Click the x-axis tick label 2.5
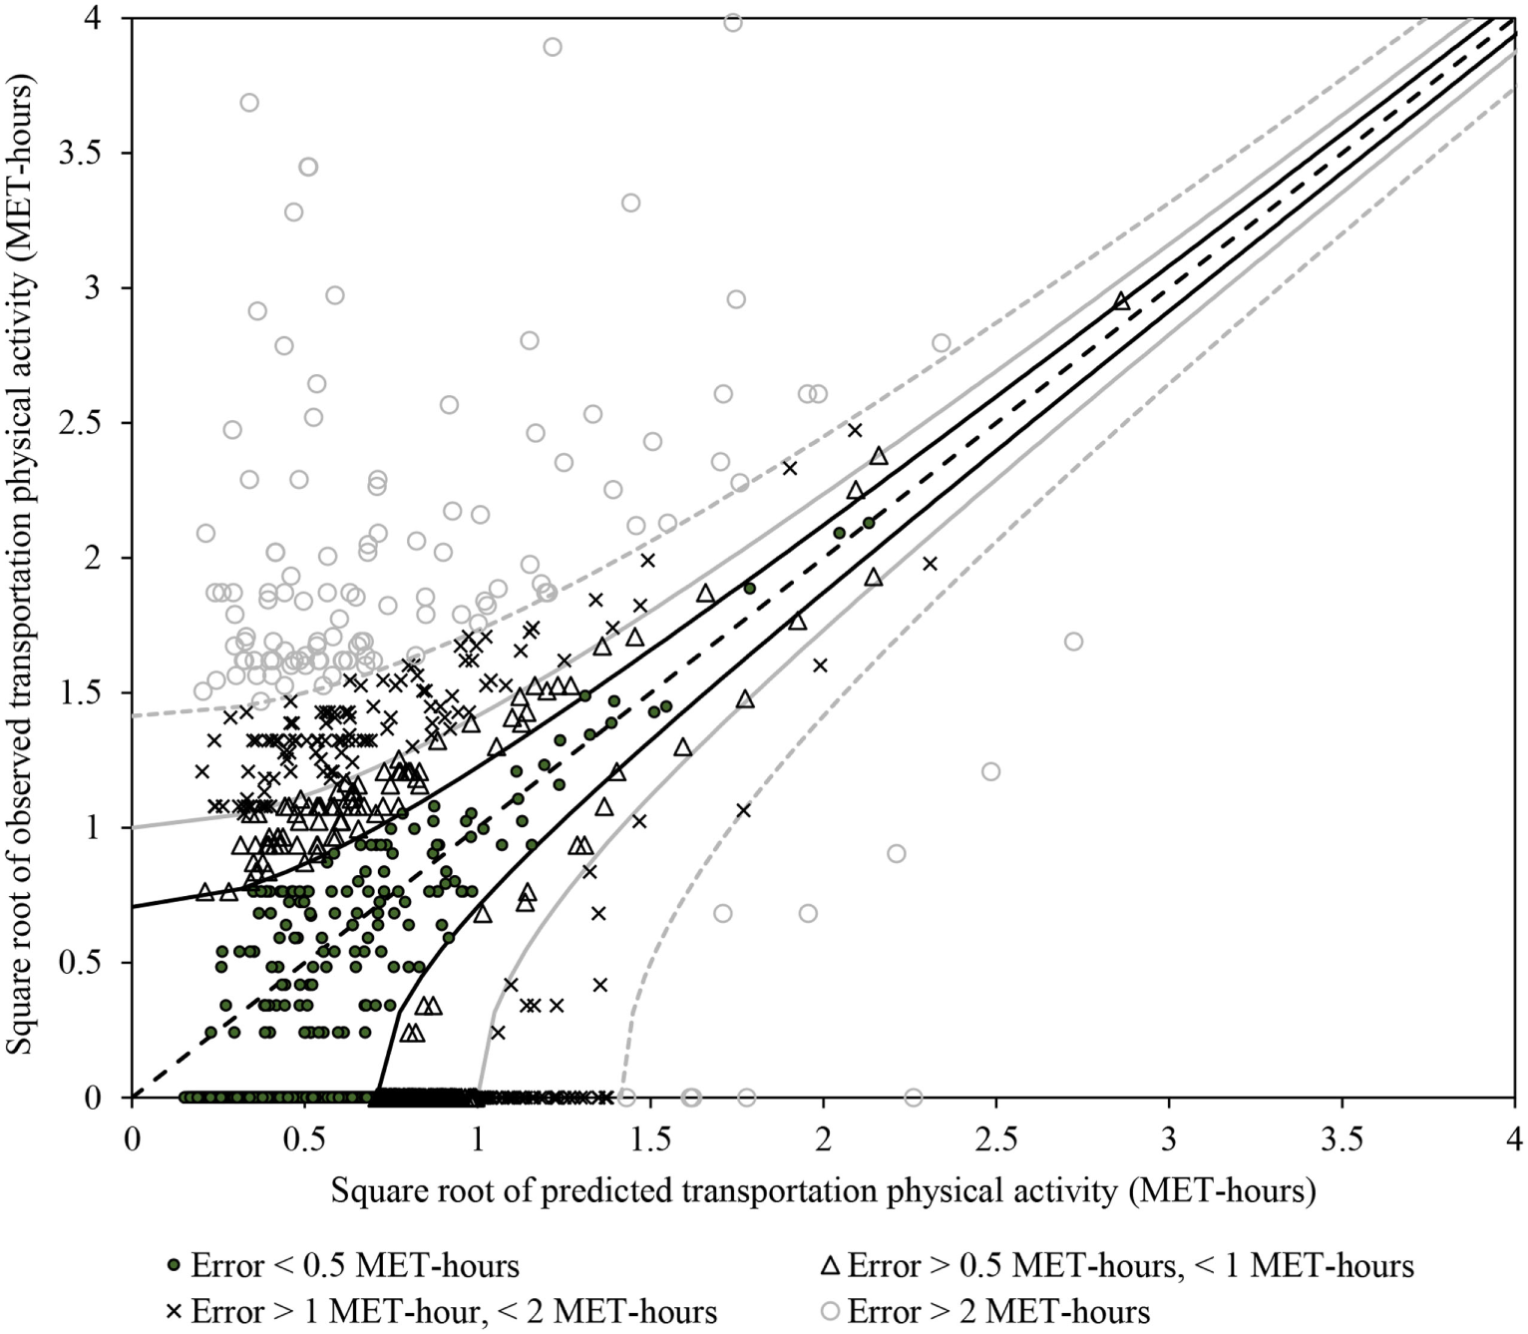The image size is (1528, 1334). [995, 1138]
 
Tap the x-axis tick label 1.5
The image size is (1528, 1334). [650, 1138]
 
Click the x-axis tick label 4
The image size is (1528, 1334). [1514, 1138]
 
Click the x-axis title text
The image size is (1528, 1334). [823, 1190]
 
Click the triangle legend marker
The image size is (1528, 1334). [830, 1266]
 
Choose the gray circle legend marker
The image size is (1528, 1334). [830, 1310]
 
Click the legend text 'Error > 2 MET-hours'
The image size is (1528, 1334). [998, 1310]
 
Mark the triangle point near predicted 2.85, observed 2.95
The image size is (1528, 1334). [1121, 301]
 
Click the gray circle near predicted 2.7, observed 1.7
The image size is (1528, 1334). [1073, 642]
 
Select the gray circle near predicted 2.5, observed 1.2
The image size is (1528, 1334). [990, 771]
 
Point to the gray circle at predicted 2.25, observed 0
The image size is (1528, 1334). [914, 1098]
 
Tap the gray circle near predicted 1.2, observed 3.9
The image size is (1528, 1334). [553, 47]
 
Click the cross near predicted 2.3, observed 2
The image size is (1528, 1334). [930, 564]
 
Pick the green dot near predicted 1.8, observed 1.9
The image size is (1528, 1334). [750, 588]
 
